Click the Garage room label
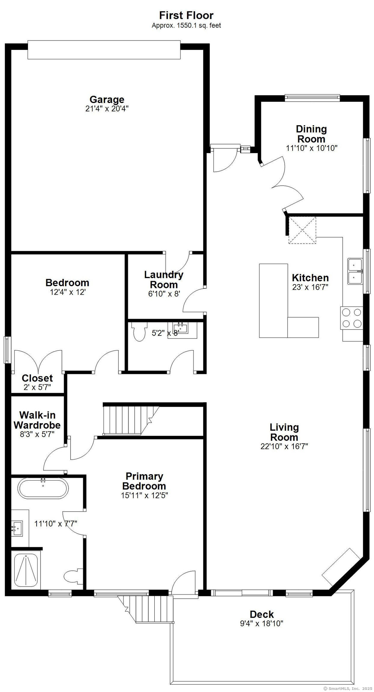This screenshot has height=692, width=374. [107, 99]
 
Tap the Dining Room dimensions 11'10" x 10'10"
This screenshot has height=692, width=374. [312, 148]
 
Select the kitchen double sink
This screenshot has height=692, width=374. [355, 271]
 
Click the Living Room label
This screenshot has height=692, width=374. [284, 432]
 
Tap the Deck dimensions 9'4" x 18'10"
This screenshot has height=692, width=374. [261, 624]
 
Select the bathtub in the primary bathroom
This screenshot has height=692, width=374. [43, 488]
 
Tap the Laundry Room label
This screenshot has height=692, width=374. [164, 279]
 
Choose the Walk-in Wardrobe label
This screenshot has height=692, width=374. [37, 420]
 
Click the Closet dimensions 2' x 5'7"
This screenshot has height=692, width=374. [37, 387]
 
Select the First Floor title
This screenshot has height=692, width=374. [186, 15]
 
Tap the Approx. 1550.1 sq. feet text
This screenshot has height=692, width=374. [186, 26]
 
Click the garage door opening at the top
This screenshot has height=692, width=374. [104, 50]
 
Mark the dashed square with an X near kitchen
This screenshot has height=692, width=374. [302, 230]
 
